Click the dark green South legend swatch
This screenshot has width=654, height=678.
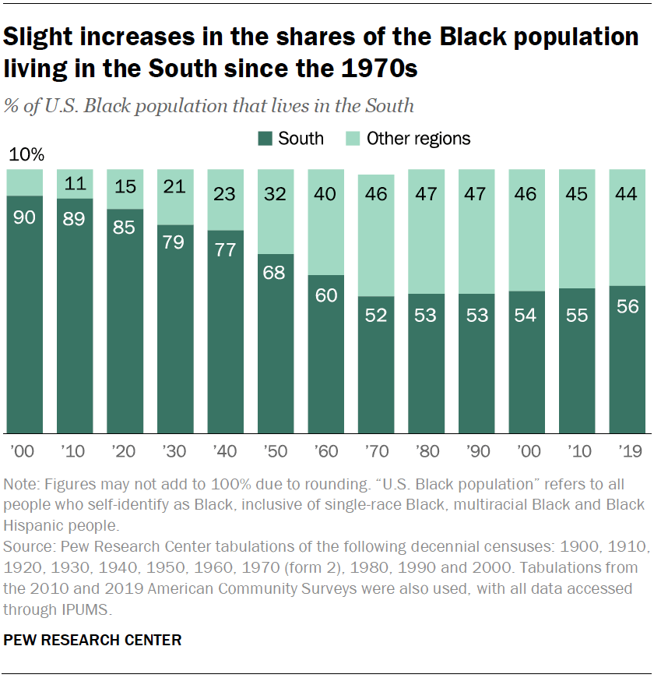(x=265, y=139)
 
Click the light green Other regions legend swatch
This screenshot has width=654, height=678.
(x=353, y=139)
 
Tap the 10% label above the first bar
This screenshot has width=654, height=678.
(x=25, y=155)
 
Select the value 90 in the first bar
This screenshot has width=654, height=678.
(x=25, y=217)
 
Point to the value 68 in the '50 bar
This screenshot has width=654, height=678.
(x=276, y=274)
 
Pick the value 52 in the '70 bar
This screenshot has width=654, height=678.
(x=376, y=316)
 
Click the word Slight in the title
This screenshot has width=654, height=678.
(x=42, y=38)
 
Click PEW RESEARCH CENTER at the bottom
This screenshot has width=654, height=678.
(x=93, y=641)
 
